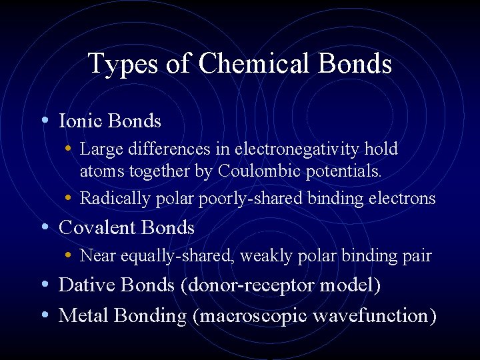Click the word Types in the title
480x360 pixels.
click(x=119, y=64)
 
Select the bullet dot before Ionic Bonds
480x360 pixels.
click(x=44, y=121)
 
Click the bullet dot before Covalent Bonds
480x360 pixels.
click(x=44, y=227)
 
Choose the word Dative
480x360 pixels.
click(x=84, y=285)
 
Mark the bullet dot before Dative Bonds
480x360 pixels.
click(x=44, y=285)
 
